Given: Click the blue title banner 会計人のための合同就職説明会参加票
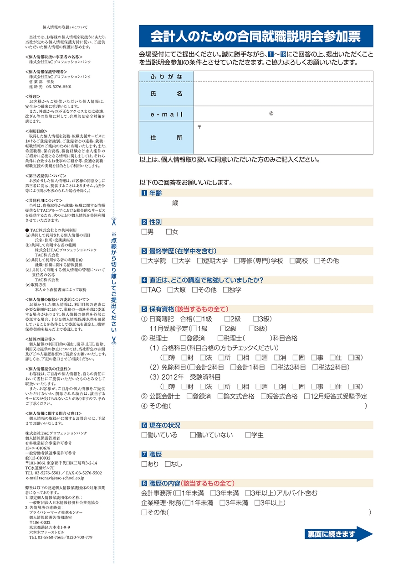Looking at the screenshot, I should click(x=256, y=36).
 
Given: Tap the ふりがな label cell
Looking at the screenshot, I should click(x=166, y=77).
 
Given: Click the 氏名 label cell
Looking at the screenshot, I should click(x=166, y=94).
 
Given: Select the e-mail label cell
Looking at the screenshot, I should click(x=166, y=113).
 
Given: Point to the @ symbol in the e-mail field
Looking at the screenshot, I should click(x=271, y=113).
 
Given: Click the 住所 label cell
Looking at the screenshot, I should click(x=166, y=137).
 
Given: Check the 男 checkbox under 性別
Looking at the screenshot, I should click(x=144, y=232).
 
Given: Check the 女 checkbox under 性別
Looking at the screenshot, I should click(x=169, y=232).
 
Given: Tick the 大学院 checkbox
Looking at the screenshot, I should click(x=144, y=261).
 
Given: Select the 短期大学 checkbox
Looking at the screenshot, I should click(x=200, y=261).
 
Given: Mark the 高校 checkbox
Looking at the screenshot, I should click(x=292, y=261).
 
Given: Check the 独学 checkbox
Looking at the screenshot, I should click(x=226, y=290).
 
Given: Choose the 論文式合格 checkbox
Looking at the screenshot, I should click(x=220, y=397).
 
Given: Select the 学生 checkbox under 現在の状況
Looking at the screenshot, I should click(x=248, y=435).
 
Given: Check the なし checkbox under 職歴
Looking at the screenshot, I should click(x=168, y=464).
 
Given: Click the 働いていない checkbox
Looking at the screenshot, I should click(x=193, y=435).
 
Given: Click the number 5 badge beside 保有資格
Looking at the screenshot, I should click(x=144, y=309).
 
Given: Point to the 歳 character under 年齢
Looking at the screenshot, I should click(x=175, y=203).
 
